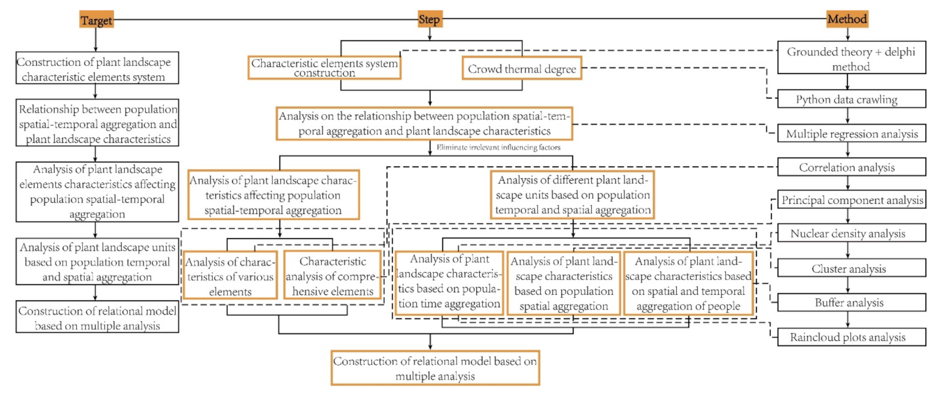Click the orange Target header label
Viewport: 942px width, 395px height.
(x=96, y=20)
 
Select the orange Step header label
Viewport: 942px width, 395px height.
(x=430, y=19)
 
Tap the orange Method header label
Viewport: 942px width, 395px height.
(x=847, y=19)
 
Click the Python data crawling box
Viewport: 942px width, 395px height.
(x=851, y=99)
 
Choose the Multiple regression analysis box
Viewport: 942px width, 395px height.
(x=851, y=133)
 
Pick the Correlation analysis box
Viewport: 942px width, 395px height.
(x=851, y=167)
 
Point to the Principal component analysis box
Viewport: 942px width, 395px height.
(x=851, y=200)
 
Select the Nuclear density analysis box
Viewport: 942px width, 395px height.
(x=851, y=234)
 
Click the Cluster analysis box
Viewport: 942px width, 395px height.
(x=851, y=269)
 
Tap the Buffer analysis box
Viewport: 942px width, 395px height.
(x=851, y=302)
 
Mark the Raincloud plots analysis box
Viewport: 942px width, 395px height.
(x=851, y=337)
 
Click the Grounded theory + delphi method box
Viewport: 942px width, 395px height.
(x=851, y=58)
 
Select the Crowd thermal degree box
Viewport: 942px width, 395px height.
(x=522, y=69)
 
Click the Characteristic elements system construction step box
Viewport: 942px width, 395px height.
(x=325, y=68)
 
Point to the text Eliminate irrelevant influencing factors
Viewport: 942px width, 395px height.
(x=498, y=147)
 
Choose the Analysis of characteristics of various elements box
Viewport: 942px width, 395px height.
(x=230, y=276)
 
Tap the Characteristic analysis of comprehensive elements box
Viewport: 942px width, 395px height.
(x=333, y=276)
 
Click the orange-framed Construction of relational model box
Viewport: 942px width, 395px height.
(x=435, y=368)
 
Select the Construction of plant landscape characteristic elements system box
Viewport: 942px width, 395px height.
(x=97, y=69)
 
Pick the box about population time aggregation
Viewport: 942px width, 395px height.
(x=449, y=283)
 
